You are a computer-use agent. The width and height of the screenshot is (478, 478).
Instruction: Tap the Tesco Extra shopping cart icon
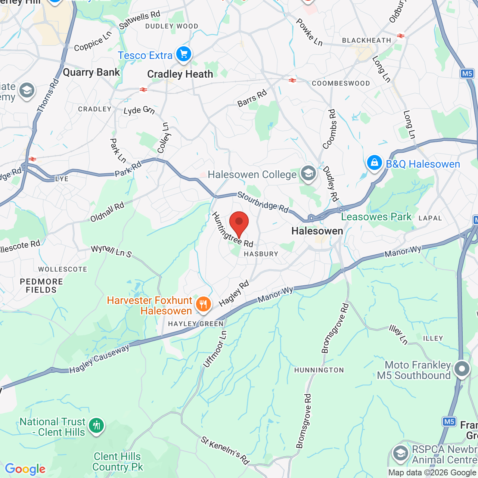point(183,55)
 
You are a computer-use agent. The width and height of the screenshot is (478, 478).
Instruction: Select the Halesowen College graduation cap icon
point(308,174)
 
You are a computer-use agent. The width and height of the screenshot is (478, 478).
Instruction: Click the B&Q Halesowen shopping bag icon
point(374,163)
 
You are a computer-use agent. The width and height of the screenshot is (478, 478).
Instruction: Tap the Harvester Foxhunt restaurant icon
point(203,304)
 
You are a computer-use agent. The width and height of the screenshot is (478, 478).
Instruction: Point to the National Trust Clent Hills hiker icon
point(96,426)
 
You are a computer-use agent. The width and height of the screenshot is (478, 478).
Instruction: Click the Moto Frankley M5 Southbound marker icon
point(462,369)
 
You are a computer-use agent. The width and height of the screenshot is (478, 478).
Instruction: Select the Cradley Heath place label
point(180,74)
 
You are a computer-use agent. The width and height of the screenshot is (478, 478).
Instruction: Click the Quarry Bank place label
point(91,72)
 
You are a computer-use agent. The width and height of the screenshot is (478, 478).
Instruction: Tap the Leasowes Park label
point(376,217)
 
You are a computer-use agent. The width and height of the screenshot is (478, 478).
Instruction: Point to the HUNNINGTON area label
point(319,370)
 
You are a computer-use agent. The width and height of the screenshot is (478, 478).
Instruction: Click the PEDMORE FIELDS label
point(41,286)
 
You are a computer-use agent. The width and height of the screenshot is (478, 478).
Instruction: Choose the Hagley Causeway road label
point(99,359)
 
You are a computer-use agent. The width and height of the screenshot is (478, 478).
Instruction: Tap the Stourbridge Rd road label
point(263,202)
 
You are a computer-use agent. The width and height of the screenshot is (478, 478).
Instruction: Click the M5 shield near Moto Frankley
point(449,422)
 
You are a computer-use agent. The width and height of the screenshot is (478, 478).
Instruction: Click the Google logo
point(25,469)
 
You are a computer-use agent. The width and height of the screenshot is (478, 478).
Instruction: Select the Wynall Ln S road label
point(112,251)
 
